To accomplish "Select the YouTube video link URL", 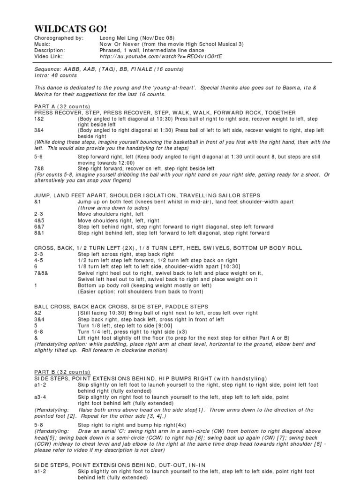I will (x=161, y=56).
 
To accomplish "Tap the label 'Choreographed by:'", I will (x=59, y=38).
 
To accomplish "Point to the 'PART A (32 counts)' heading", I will (x=62, y=106).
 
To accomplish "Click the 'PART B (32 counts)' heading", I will (x=62, y=372).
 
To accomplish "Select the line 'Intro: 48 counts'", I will (x=55, y=75).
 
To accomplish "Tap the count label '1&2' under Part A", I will (x=39, y=119).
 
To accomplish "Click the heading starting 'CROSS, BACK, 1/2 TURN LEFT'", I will (x=168, y=247).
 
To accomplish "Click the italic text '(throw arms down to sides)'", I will (x=111, y=208).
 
